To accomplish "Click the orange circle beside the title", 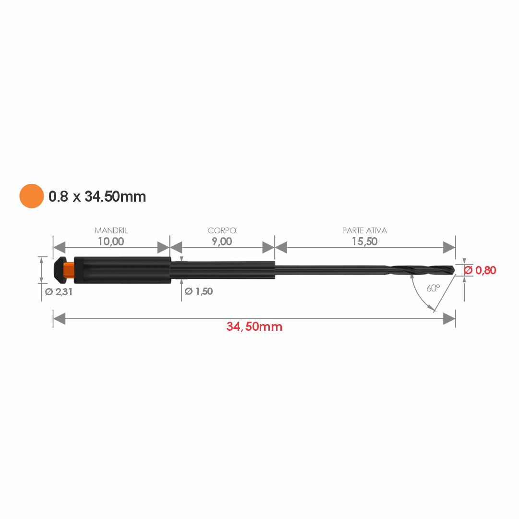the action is click(31, 196).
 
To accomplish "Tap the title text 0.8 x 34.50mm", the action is click(97, 197).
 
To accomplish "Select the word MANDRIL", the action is click(111, 230).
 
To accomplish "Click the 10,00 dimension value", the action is click(111, 241).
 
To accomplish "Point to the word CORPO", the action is click(222, 230).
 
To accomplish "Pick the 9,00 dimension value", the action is click(222, 241).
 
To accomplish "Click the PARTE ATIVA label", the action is click(364, 230).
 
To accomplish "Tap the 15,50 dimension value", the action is click(364, 241).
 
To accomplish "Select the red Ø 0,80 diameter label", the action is click(480, 270).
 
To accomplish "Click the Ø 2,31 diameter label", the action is click(59, 292).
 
